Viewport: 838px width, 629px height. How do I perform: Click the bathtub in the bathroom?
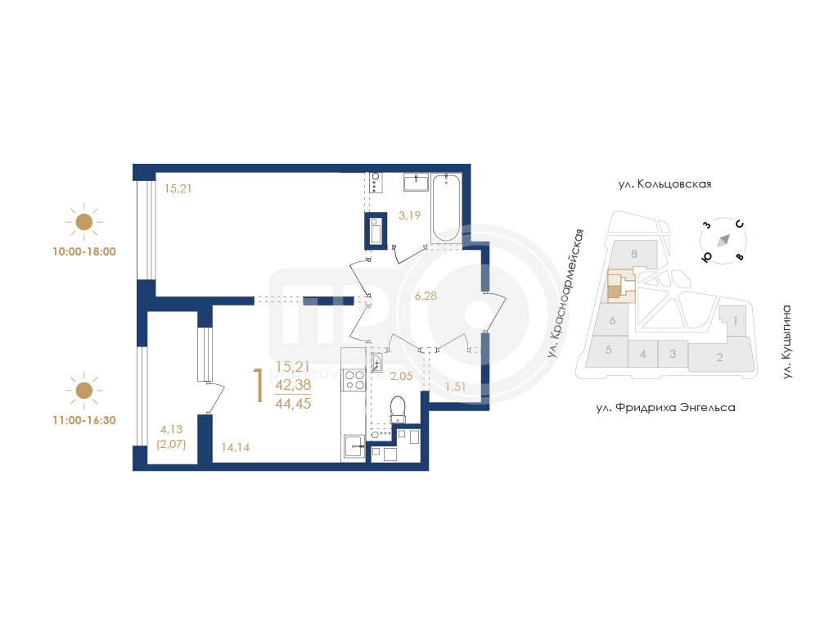446,208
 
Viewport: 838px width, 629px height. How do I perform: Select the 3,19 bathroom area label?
409,215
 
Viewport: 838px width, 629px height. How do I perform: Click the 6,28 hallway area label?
426,296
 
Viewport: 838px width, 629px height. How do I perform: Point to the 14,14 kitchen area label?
235,447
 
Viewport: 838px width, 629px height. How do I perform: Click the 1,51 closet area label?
455,387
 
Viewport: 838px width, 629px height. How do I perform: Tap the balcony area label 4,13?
171,429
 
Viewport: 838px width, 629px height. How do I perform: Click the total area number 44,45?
293,403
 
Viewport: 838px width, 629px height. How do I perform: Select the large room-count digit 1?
259,385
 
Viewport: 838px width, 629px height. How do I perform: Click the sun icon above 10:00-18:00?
84,221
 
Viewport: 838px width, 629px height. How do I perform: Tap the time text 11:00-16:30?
84,420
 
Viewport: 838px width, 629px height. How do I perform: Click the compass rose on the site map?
723,240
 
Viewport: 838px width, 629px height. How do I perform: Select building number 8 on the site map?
634,254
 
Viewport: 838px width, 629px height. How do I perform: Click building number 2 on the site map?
719,357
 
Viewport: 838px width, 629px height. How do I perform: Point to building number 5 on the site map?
608,350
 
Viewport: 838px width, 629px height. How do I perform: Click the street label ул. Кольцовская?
665,184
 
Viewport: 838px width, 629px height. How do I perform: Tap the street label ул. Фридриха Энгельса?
665,408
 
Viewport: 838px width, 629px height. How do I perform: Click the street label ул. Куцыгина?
786,342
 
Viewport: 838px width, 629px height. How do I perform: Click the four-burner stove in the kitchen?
354,380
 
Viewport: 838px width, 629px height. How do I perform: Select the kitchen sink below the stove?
354,446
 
